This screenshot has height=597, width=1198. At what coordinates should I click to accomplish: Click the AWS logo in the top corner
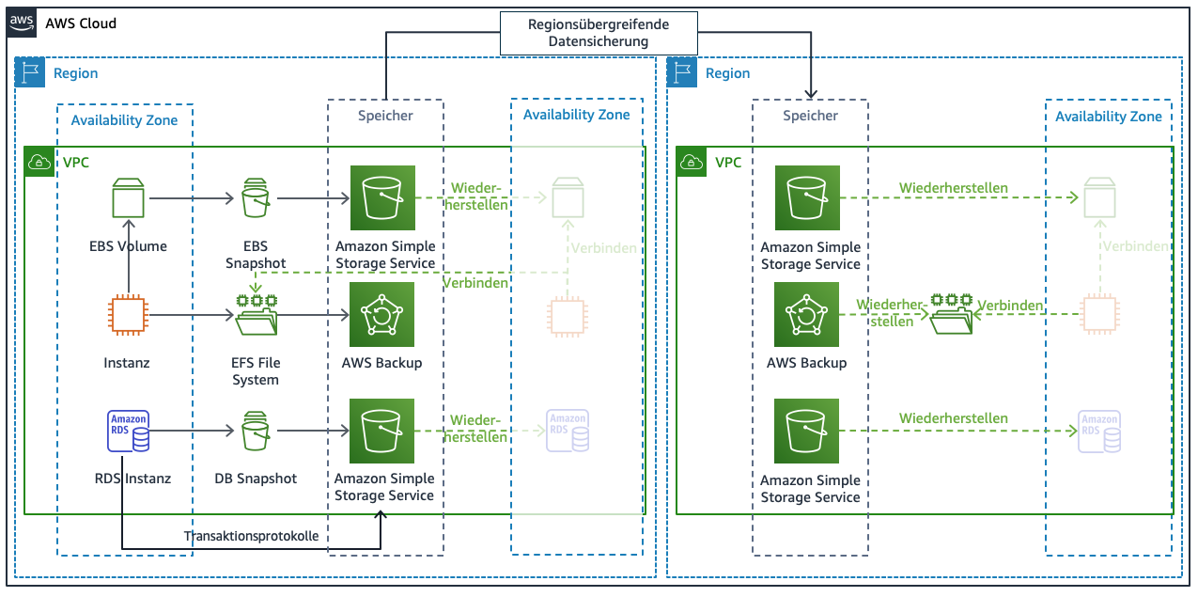click(22, 23)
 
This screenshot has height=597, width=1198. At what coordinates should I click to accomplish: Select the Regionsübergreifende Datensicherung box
click(599, 33)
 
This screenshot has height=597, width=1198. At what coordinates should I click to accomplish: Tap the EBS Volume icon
click(128, 199)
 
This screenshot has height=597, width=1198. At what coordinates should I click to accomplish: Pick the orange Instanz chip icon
click(128, 315)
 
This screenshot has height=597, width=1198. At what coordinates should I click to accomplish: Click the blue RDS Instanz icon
click(128, 432)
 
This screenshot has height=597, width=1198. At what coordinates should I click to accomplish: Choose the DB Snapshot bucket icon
click(256, 432)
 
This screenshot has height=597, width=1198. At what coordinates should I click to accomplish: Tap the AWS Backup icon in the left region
click(382, 315)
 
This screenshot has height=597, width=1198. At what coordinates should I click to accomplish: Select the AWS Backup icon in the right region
click(807, 315)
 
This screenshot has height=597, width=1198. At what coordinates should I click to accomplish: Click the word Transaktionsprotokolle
click(251, 536)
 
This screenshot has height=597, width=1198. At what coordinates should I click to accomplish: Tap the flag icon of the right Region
click(682, 72)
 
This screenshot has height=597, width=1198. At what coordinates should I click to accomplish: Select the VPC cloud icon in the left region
click(39, 161)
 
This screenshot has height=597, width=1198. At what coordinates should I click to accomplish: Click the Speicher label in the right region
click(810, 116)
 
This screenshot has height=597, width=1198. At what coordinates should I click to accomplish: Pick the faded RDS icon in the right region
click(1098, 432)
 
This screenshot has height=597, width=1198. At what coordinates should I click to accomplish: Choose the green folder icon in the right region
click(951, 314)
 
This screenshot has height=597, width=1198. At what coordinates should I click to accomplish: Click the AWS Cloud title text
click(81, 23)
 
